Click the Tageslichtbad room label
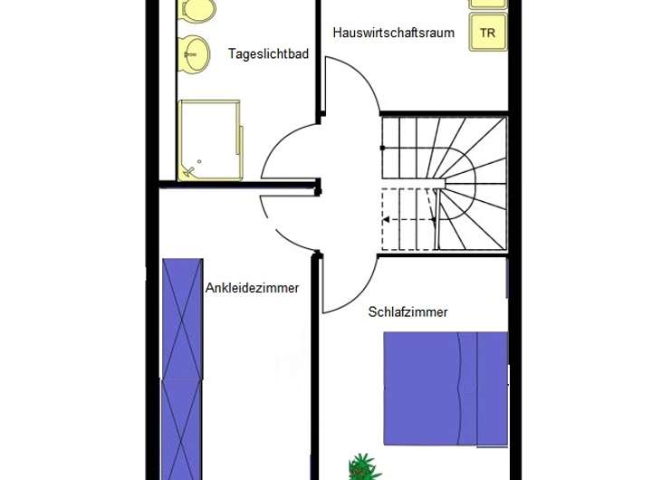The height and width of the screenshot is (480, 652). click(269, 54)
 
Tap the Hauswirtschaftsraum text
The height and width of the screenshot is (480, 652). click(393, 33)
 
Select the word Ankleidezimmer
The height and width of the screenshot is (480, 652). click(252, 289)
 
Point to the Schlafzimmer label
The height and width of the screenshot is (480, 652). click(407, 312)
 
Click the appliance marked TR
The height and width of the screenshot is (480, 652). click(487, 34)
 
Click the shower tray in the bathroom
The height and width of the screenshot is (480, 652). click(209, 140)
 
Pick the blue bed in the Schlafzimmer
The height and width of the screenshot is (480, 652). click(445, 388)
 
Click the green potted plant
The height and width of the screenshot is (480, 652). click(362, 467)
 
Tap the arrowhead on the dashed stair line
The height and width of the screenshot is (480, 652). click(386, 219)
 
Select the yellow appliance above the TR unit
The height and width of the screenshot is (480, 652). click(487, 4)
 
